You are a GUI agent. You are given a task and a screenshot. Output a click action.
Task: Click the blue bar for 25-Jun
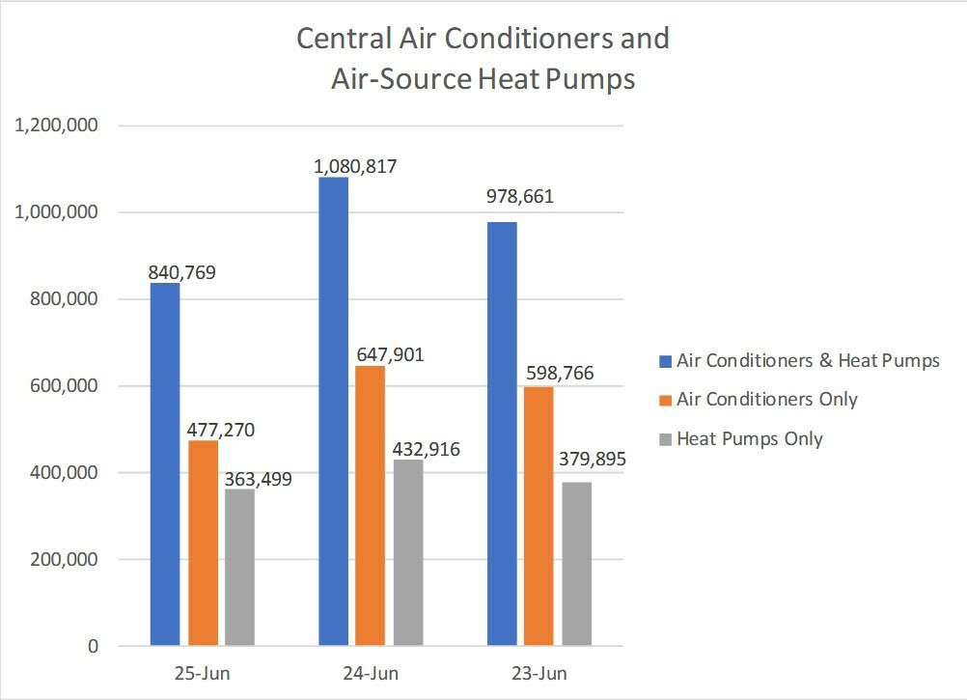coord(165,463)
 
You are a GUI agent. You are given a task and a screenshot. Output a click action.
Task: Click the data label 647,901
coord(390,355)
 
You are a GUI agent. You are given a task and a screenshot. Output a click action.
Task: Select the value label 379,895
coord(592,460)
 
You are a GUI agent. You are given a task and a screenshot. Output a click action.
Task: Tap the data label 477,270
coord(222,430)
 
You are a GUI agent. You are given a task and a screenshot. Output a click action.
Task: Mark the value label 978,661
coord(520,199)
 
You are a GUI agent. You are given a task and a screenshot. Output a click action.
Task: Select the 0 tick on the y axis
coord(93,647)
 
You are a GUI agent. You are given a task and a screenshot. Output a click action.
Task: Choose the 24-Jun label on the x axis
coord(372,673)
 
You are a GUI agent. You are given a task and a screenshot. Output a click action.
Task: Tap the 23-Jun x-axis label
coord(539,673)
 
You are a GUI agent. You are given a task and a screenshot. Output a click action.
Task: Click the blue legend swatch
coord(665,361)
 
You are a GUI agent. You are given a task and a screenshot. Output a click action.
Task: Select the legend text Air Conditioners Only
coord(767,399)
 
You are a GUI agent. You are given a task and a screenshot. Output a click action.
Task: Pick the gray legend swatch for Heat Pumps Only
coord(665,438)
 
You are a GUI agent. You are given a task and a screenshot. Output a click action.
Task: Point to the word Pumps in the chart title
coord(590,79)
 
